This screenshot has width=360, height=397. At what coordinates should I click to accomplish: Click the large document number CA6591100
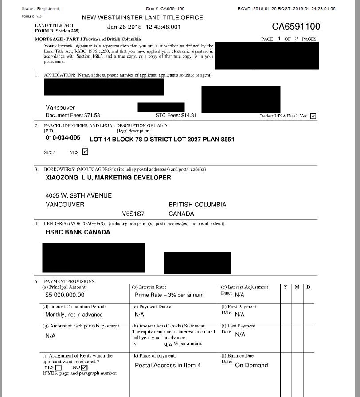tap(296, 27)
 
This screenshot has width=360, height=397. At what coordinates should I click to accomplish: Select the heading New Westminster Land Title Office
tap(142, 18)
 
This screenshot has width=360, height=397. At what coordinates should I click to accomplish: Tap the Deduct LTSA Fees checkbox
tap(313, 116)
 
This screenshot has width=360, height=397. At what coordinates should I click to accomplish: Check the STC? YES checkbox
tap(85, 152)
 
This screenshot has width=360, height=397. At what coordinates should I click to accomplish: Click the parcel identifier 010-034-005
tap(63, 138)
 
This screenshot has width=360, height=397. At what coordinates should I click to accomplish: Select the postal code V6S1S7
tap(133, 214)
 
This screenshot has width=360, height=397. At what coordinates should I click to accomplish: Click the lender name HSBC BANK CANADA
tap(78, 232)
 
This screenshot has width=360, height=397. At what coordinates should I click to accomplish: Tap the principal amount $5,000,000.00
tap(65, 295)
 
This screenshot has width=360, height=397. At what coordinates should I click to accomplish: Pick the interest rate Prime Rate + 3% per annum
tap(169, 295)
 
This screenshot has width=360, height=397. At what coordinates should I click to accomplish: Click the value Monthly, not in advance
tap(74, 315)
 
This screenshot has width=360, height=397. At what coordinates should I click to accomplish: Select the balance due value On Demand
tap(251, 366)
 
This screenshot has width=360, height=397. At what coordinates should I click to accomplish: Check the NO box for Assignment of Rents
tap(84, 367)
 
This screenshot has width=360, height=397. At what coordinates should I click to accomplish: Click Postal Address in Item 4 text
tap(168, 366)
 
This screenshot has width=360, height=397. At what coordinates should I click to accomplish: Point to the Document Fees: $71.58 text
tap(73, 116)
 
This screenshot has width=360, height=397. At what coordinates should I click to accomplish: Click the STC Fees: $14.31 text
tap(176, 116)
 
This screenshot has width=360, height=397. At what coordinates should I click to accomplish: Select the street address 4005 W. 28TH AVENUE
tap(78, 196)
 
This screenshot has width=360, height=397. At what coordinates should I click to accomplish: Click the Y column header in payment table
tap(286, 287)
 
